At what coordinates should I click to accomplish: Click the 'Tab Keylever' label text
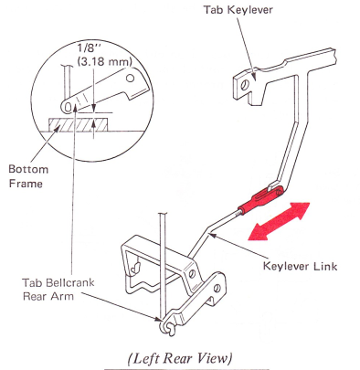point(238,10)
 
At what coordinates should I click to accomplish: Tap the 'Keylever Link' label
point(301,266)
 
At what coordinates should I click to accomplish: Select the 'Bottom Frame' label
point(28,176)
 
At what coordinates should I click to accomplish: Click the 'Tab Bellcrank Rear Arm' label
point(58,290)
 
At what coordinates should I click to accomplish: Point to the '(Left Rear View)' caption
point(180,358)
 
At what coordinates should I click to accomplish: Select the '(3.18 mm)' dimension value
point(105,62)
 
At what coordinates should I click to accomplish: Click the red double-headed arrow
point(279,221)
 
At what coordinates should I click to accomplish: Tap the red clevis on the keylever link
point(261,199)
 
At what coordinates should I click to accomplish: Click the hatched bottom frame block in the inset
point(79,125)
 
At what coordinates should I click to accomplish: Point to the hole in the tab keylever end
point(244,85)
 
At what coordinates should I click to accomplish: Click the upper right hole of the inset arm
point(131,79)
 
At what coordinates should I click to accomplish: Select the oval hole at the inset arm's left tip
point(69,107)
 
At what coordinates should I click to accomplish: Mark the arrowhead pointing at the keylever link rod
point(211,235)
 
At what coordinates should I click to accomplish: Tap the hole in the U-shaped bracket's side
point(192,273)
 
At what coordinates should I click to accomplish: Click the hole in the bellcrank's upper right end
point(217,288)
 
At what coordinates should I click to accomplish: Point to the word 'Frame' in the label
point(26,184)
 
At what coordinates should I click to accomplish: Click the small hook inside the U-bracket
point(136,267)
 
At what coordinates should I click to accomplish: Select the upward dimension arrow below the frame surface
point(93,128)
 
